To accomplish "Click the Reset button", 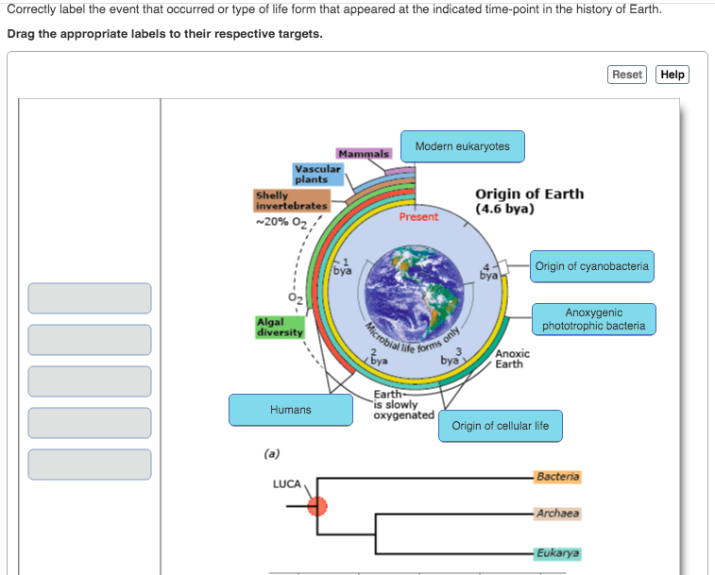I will click(627, 75).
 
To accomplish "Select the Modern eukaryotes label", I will click(462, 146).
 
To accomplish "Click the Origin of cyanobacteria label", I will click(591, 266).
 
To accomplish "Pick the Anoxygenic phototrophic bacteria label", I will click(593, 319).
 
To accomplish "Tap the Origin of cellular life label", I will click(500, 426).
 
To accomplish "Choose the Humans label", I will click(290, 410).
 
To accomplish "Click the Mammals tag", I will click(364, 153).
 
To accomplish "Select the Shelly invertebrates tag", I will click(291, 200).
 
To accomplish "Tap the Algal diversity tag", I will click(280, 327).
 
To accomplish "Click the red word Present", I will click(418, 217).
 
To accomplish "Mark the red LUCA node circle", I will click(317, 506).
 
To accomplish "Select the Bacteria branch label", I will click(557, 477).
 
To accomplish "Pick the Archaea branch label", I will click(557, 514).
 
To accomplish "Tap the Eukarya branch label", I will click(557, 553).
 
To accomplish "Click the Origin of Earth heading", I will click(529, 200).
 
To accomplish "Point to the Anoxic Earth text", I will click(513, 359).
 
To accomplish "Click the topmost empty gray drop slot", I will click(90, 298).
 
